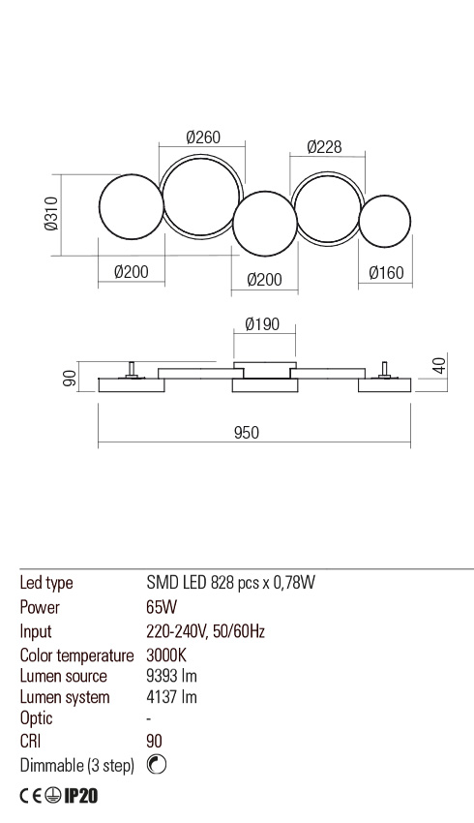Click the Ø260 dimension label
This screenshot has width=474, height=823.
(202, 138)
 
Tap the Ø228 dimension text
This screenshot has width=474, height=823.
(323, 147)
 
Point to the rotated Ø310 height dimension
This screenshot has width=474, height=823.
(51, 215)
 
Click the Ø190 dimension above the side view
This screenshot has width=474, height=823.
(262, 324)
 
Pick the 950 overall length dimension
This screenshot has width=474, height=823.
(247, 433)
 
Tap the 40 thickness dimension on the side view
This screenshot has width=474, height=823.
(437, 366)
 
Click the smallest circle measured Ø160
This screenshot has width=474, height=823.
(385, 222)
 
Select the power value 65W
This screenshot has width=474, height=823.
(161, 608)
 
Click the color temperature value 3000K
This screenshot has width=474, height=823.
(165, 655)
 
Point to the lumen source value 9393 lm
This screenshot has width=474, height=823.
(171, 676)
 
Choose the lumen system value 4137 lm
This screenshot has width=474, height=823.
(171, 697)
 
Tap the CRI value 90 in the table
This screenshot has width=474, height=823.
(154, 742)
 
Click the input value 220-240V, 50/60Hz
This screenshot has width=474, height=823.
(205, 631)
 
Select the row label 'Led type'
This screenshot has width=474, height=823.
(46, 583)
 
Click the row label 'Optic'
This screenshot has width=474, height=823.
(36, 718)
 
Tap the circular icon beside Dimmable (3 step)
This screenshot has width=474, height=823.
(157, 765)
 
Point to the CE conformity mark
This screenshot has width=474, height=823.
(32, 796)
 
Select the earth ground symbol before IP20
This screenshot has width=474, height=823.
(55, 796)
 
